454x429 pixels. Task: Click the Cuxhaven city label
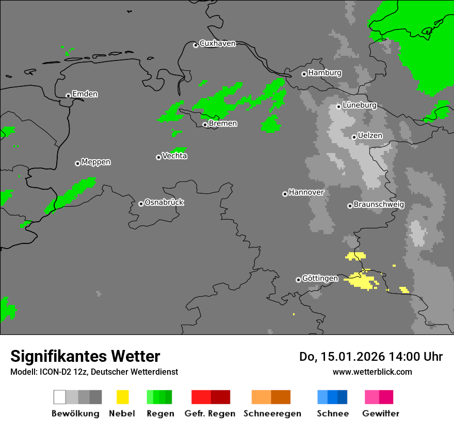217,43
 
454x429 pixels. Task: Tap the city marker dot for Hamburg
304,74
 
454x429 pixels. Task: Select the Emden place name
85,94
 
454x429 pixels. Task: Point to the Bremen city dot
205,125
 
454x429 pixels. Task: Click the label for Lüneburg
360,105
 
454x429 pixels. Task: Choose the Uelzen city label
370,135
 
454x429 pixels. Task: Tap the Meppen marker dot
77,163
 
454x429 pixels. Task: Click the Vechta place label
174,156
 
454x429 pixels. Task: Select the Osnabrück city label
164,202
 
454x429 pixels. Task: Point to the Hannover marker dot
285,194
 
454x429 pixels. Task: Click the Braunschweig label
379,204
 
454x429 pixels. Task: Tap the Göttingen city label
320,278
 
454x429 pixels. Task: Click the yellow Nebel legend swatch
122,397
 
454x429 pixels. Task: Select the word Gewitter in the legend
381,413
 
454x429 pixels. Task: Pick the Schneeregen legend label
272,413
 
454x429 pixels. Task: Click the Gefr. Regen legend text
210,413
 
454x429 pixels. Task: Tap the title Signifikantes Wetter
85,356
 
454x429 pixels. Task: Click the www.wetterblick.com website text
372,372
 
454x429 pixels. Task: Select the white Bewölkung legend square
60,397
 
